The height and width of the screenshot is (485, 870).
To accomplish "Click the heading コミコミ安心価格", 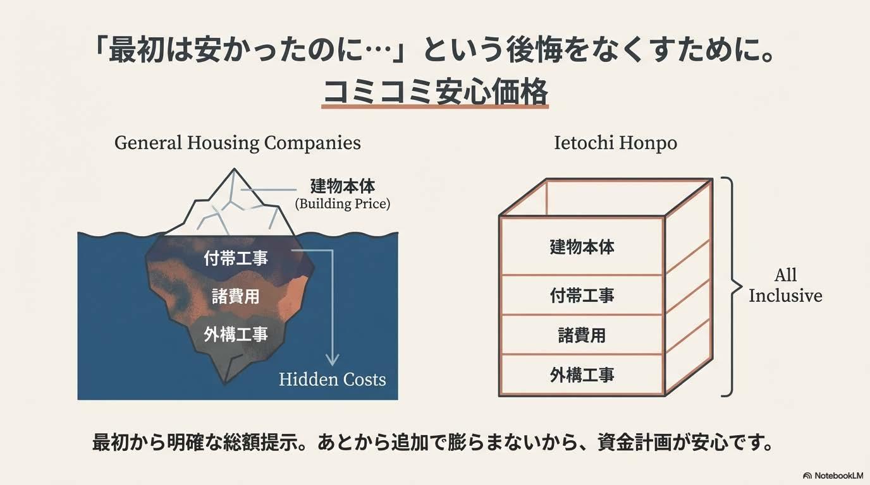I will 435,92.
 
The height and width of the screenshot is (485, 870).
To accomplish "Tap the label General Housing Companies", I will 238,143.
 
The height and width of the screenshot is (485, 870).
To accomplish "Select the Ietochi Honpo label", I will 615,143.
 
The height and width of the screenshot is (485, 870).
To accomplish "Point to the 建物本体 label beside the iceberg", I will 343,186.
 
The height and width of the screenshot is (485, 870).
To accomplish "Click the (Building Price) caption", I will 343,204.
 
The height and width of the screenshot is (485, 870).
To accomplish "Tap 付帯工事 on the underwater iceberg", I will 236,258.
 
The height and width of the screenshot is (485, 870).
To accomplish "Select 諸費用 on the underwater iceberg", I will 236,296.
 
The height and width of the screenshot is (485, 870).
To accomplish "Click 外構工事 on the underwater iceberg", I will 236,334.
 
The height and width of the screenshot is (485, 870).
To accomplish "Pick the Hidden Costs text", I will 333,380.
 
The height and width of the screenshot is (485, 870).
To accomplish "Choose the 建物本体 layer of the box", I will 582,246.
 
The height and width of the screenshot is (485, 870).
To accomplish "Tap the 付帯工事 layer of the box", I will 582,295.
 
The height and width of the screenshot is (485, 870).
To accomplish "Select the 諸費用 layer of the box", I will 582,335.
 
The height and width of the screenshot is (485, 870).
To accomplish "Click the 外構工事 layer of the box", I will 582,375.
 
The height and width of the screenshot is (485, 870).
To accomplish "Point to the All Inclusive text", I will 785,285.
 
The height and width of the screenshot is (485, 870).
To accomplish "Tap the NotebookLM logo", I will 833,475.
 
